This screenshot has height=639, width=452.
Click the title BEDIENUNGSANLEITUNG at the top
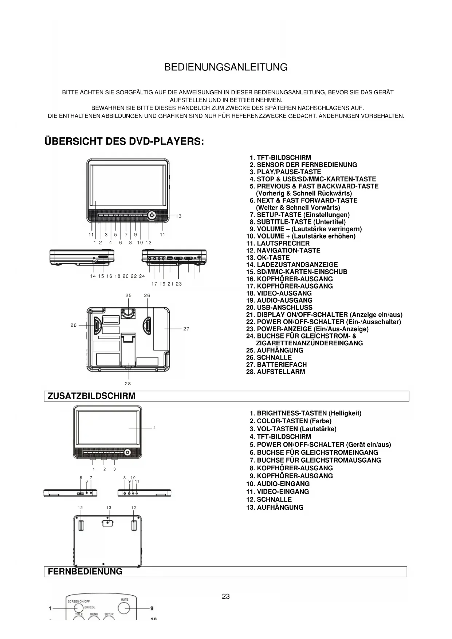(x=226, y=67)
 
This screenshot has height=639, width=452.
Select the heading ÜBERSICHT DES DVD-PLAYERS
(x=124, y=141)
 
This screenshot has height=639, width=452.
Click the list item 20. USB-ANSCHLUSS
(x=279, y=307)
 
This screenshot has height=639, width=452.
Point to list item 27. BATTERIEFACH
(x=276, y=365)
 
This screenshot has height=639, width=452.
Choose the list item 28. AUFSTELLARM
(x=276, y=372)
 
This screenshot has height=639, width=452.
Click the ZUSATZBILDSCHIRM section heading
(x=91, y=396)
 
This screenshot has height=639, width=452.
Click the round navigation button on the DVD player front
(x=152, y=215)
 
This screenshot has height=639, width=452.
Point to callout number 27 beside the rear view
(x=186, y=329)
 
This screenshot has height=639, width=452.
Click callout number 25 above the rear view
(x=129, y=295)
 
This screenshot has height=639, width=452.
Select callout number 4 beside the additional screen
(x=154, y=428)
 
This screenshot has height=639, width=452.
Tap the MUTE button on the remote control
(x=124, y=608)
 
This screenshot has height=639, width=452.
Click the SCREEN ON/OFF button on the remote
(x=79, y=608)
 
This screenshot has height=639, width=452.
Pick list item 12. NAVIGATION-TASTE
(x=283, y=251)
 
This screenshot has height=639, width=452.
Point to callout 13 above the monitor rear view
(x=109, y=508)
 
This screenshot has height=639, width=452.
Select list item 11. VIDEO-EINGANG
(x=278, y=492)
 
